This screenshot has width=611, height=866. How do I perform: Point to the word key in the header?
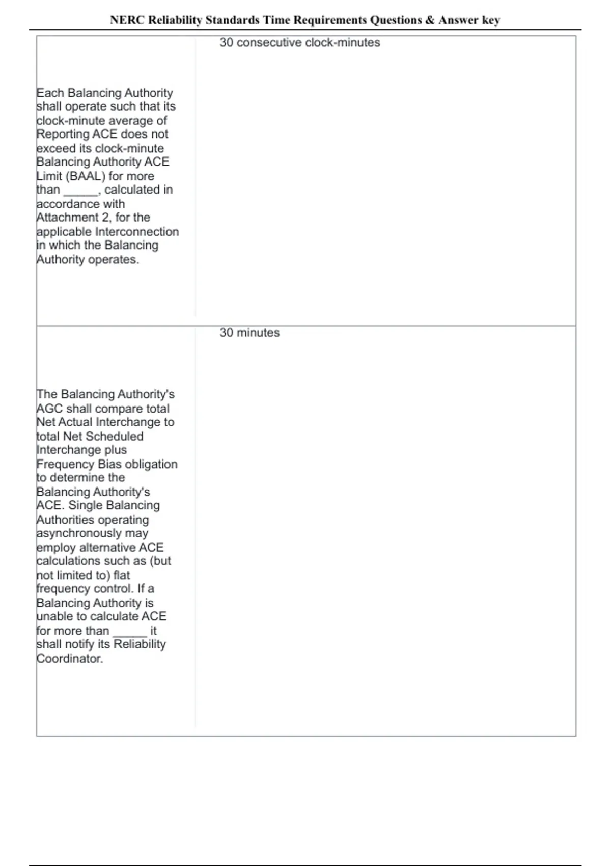tap(491, 20)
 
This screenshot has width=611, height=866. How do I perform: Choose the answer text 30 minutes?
tap(249, 333)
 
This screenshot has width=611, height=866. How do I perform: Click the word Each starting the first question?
tap(50, 93)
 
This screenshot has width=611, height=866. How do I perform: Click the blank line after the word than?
tap(80, 191)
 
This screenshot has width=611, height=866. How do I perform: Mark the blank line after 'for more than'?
tap(129, 632)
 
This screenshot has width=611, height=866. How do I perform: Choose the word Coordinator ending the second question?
tap(70, 658)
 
